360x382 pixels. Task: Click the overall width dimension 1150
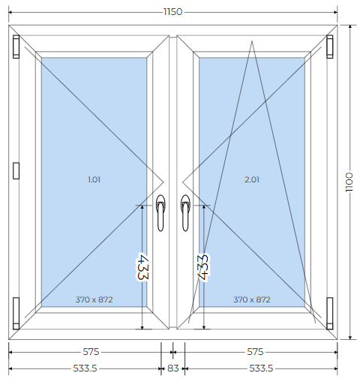point(172,12)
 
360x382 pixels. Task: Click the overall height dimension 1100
point(349,182)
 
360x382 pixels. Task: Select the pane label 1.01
point(94,179)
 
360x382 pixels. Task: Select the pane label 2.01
point(252,179)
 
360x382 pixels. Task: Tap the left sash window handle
point(160,212)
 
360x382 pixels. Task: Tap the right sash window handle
point(185,212)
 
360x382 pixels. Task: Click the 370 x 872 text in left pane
point(94,299)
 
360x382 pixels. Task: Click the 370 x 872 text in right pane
point(252,299)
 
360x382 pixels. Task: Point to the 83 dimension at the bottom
point(172,368)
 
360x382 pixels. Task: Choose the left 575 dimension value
point(91,352)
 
